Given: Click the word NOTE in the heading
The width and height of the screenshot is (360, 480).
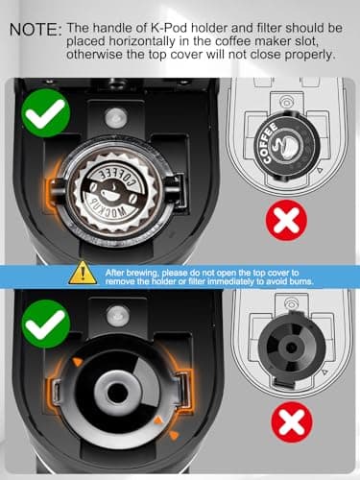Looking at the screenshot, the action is click(x=33, y=30).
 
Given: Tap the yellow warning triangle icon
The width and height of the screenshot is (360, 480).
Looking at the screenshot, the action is click(x=83, y=273).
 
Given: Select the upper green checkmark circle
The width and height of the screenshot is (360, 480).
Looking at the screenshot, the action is click(x=46, y=113).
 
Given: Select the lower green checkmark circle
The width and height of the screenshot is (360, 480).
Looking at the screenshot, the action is click(x=46, y=324).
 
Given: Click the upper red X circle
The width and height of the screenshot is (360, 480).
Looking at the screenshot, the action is click(x=286, y=220).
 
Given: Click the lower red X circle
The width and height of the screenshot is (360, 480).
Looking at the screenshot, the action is click(x=292, y=421).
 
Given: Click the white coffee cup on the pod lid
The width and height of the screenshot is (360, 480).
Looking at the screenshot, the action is click(x=109, y=193).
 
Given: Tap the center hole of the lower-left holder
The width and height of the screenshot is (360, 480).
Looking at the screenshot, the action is click(x=117, y=392).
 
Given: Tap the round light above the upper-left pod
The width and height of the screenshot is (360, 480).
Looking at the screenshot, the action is click(x=115, y=117).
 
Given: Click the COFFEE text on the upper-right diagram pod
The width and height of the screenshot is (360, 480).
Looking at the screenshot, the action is click(x=268, y=142).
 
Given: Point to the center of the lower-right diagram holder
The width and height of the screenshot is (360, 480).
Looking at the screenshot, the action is click(x=291, y=348).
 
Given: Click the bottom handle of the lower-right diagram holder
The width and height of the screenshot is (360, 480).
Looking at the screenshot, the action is click(x=283, y=382).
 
